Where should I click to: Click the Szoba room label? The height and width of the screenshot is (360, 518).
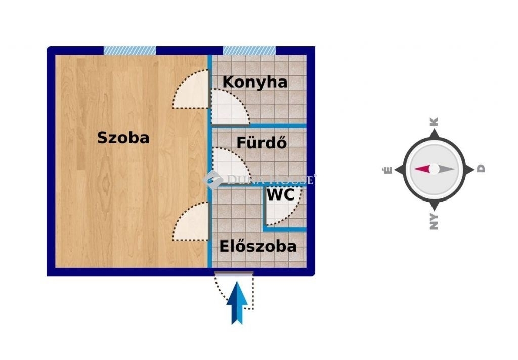coord(123,138)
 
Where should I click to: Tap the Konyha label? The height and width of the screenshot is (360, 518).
coord(255,83)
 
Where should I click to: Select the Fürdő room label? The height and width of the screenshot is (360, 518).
coord(262,142)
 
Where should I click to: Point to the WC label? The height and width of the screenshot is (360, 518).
coord(280,194)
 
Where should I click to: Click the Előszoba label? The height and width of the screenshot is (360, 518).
coord(258,246)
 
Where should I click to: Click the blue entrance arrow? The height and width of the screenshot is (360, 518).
coord(237,302)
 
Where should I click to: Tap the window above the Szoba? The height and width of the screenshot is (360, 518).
coord(130,50)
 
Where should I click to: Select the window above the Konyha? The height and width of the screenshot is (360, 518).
coord(249,50)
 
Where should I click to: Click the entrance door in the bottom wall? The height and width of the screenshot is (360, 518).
coord(234,274)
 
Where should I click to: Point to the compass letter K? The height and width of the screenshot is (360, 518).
coord(434,122)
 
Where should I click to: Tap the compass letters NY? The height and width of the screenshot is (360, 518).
coord(434,222)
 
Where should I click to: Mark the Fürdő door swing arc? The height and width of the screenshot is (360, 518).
coord(231,165)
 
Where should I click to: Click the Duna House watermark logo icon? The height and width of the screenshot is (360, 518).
coord(213,180)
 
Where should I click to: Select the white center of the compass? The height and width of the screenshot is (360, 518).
coord(434,169)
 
